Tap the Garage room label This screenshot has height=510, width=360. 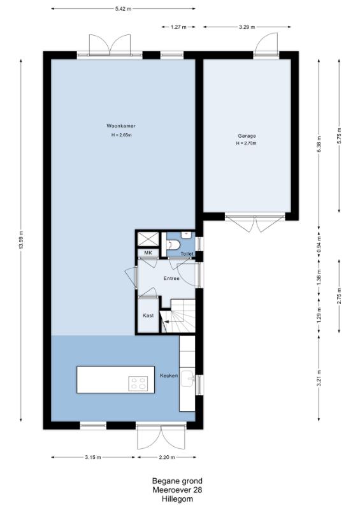247,136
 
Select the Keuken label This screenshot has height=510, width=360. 169,375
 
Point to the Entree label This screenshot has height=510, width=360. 171,279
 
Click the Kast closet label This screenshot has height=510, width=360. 148,316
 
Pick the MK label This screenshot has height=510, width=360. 148,253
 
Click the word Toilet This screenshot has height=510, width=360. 187,254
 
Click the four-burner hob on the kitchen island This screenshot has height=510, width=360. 138,383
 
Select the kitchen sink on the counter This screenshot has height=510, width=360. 187,378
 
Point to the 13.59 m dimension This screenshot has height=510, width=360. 22,240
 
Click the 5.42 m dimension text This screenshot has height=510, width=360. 123,9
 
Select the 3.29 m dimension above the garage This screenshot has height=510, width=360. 247,27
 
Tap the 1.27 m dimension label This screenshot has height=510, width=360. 178,27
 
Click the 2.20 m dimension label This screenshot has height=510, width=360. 167,457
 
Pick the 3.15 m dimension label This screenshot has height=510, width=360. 93,457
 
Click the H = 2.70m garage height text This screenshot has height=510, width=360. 247,143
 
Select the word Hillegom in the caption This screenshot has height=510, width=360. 177,499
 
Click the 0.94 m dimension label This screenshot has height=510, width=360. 319,244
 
